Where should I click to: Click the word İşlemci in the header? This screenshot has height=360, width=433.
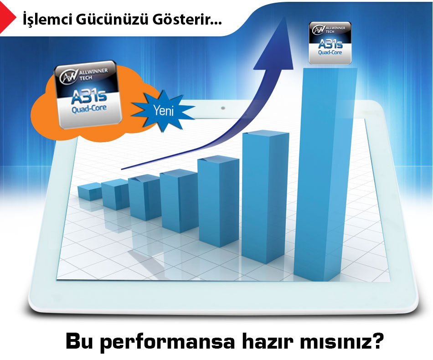pos(47,19)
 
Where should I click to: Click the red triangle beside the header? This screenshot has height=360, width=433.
pos(8,17)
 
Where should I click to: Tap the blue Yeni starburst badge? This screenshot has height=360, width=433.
pos(163,111)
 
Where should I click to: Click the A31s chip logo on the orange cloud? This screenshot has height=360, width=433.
pos(88,94)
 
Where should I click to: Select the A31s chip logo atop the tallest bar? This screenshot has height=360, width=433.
pos(330,43)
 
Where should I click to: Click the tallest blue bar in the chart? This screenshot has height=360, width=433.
pos(326,175)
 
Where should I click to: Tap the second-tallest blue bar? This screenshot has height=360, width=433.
pos(265,196)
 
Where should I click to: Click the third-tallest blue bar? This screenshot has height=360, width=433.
pos(218,201)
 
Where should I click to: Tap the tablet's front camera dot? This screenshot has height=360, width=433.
pos(223,108)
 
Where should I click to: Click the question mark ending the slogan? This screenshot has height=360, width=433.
pos(377,341)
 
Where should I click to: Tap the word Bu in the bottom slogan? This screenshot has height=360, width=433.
pos(79,341)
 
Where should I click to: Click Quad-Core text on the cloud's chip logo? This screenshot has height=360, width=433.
pos(89,108)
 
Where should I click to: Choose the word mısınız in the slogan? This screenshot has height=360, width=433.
pos(335,341)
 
